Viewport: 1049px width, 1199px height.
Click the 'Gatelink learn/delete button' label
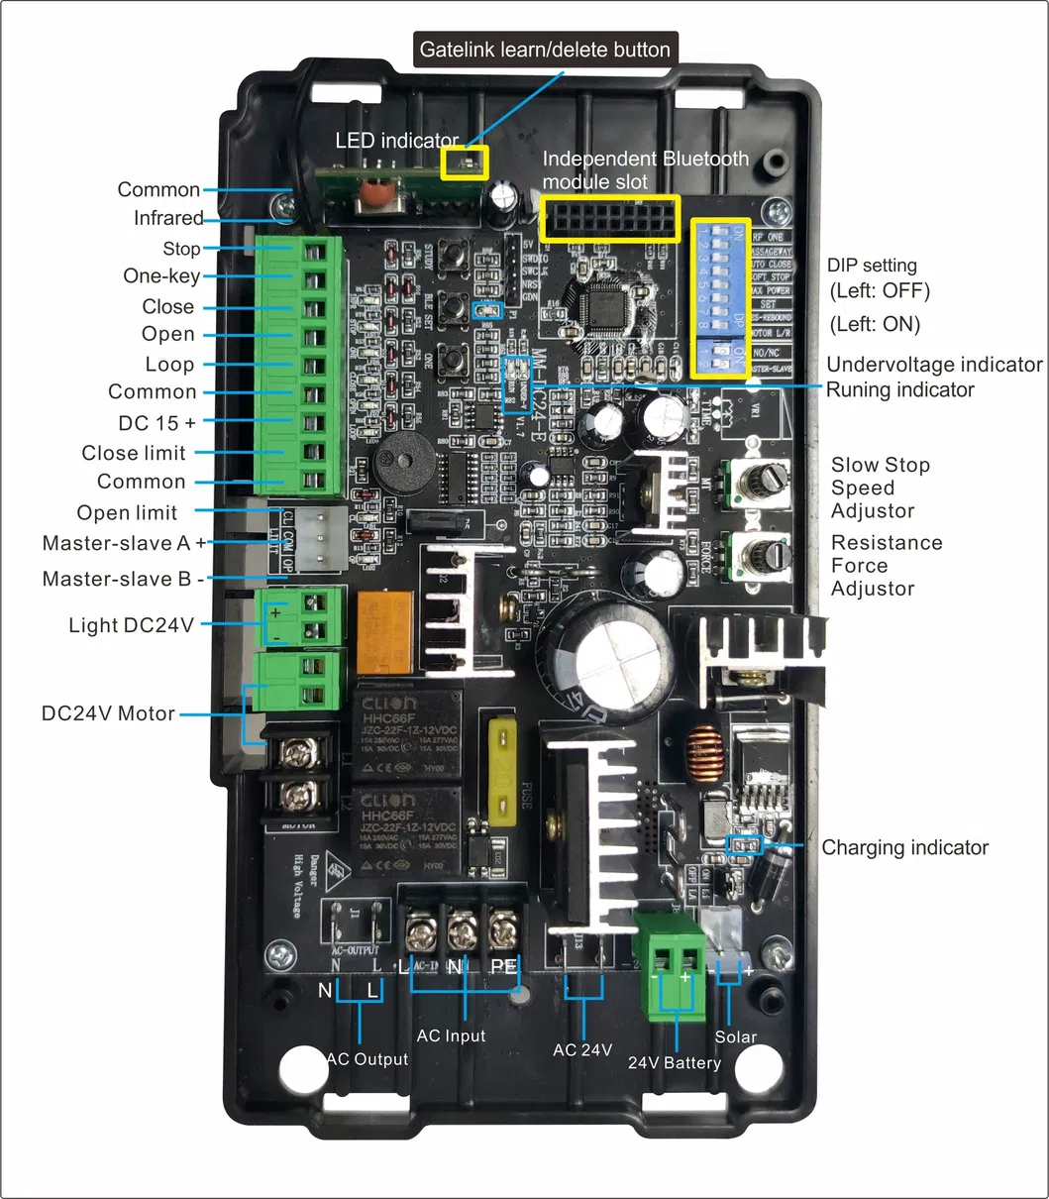coord(545,50)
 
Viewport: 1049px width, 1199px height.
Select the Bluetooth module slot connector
coord(610,219)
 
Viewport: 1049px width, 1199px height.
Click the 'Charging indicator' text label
coord(904,848)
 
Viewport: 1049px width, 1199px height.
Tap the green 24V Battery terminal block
coord(671,966)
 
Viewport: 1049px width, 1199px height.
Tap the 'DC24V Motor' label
coord(108,713)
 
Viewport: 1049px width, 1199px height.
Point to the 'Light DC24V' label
coord(132,625)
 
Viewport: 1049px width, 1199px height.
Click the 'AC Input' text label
coord(451,1035)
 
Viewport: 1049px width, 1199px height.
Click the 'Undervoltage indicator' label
coord(934,365)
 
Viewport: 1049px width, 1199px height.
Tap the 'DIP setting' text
coord(872,266)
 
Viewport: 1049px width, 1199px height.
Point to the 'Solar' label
coord(735,1036)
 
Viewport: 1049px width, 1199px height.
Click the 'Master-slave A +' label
coord(125,543)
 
